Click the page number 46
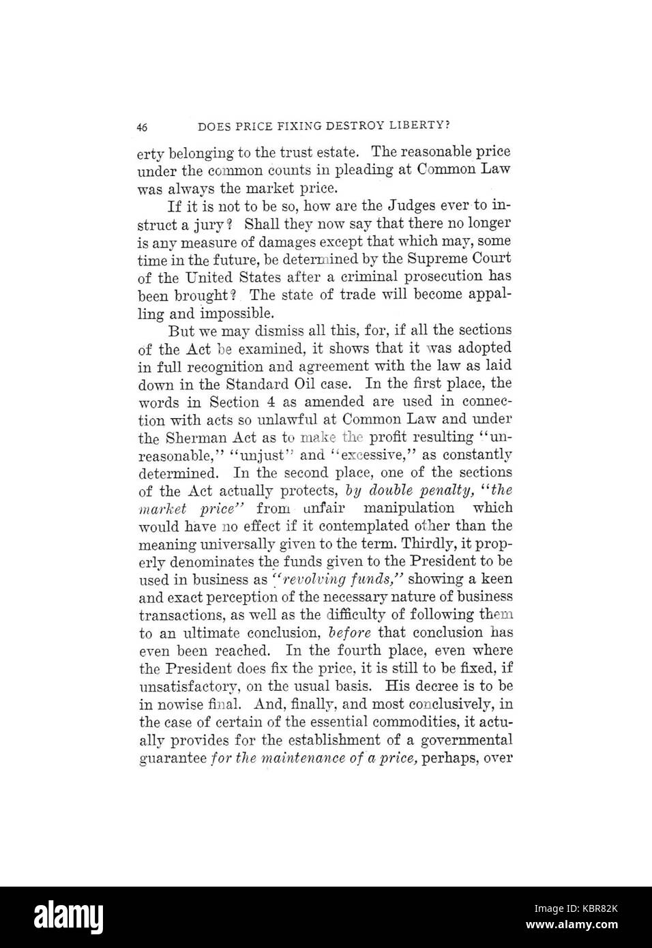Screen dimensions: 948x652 pos(143,127)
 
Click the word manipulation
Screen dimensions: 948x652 pos(408,508)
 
